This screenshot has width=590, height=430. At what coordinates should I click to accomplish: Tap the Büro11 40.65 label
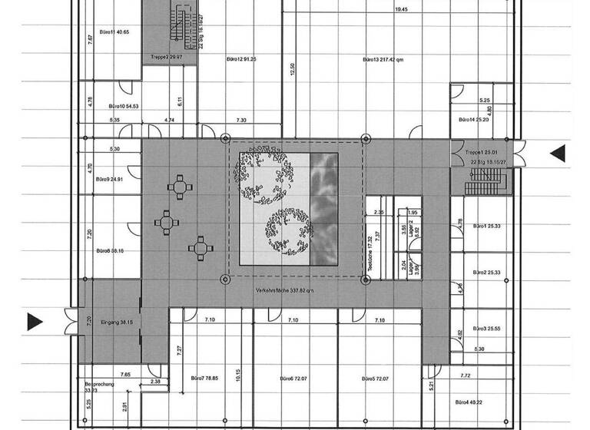click(114, 32)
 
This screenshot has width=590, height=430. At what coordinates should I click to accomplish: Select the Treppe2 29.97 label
click(164, 58)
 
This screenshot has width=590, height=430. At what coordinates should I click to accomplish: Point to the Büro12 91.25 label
click(241, 59)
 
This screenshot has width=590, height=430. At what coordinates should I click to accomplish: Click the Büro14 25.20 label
click(474, 120)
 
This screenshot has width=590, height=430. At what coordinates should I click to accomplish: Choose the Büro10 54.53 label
click(124, 105)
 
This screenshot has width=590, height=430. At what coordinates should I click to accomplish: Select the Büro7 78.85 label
click(204, 379)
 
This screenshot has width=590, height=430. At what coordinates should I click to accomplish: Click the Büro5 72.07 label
click(376, 379)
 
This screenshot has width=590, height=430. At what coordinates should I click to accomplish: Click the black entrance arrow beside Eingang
click(35, 322)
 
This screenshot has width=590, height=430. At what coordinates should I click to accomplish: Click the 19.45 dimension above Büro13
click(401, 10)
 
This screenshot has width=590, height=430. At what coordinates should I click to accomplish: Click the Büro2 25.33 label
click(487, 273)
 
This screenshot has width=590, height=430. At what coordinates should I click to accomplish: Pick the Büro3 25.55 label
click(487, 328)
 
